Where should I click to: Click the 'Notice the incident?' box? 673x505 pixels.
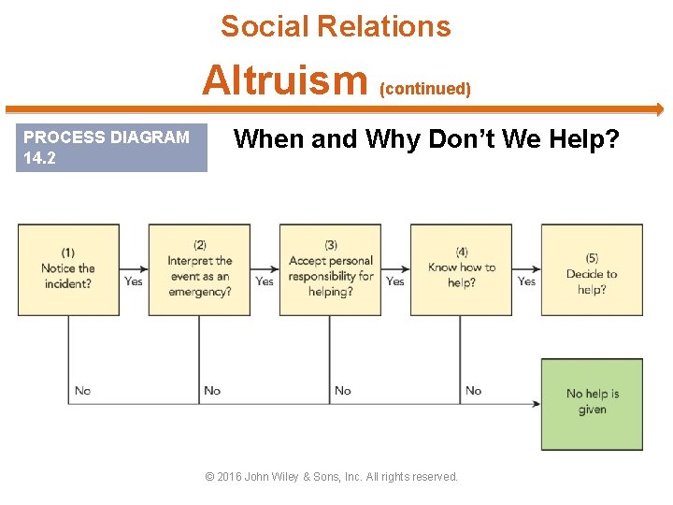68,269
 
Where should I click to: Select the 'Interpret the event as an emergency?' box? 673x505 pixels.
199,269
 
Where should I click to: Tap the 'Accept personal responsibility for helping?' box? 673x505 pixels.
330,269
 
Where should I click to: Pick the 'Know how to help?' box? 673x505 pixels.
461,269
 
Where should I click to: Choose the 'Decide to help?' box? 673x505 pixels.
592,269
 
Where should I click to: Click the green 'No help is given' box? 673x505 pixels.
592,404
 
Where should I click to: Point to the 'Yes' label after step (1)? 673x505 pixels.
134,281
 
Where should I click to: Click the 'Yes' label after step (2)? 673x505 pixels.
265,281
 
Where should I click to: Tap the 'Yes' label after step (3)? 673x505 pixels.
395,281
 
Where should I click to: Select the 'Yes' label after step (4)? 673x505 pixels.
527,281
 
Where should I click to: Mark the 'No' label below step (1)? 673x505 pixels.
82,390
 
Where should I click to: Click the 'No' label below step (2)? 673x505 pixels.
212,390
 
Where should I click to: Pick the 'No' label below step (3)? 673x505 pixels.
343,390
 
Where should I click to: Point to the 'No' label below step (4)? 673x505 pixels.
474,390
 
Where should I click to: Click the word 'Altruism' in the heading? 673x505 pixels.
285,80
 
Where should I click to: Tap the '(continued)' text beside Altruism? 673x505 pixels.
424,89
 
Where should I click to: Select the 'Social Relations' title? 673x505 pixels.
336,26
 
